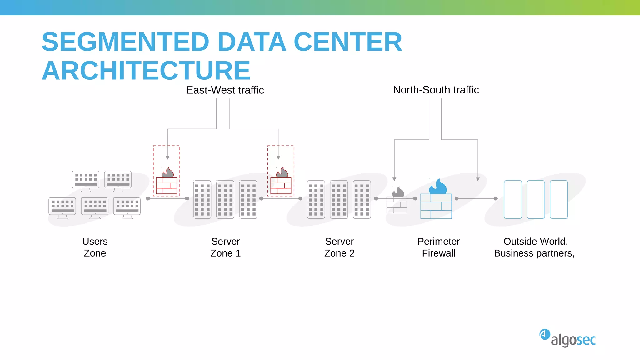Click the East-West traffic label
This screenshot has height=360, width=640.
point(225,90)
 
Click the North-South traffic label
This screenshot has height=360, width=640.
point(436,90)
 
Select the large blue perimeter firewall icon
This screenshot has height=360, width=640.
point(436,200)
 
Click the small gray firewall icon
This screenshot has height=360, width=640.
point(397,202)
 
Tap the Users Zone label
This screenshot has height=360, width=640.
point(95,247)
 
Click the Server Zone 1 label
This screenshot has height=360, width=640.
point(225,247)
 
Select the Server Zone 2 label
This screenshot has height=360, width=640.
point(339,247)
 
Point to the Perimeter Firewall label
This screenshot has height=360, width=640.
point(438,247)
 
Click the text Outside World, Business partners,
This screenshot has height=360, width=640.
point(534,247)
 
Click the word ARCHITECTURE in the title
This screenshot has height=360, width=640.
point(146,71)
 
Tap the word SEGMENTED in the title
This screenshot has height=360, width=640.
point(125,42)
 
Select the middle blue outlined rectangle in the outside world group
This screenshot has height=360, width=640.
point(536,199)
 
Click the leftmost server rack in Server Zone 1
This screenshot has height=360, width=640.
point(202,199)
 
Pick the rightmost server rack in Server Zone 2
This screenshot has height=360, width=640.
point(362,199)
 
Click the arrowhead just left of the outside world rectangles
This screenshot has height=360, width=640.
point(478,179)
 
